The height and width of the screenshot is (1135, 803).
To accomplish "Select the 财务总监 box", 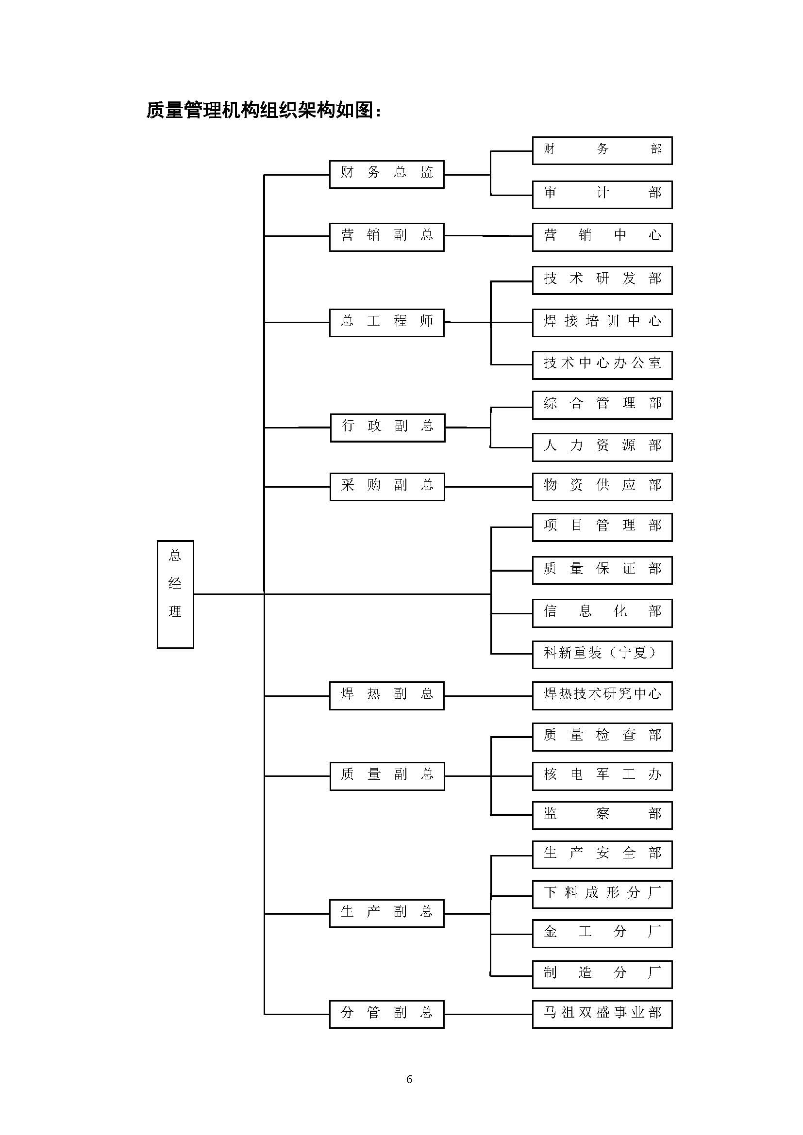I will click(386, 174).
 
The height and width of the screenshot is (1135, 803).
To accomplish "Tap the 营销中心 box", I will click(602, 237).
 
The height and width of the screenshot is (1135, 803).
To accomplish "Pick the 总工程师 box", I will click(386, 322).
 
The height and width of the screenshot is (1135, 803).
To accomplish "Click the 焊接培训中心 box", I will click(602, 322).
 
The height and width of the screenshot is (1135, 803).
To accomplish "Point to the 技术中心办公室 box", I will click(602, 365).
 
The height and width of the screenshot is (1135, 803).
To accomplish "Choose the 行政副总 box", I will click(387, 427).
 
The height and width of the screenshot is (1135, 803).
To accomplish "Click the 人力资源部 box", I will click(602, 447).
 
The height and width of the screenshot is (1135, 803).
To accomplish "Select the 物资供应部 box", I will click(602, 486).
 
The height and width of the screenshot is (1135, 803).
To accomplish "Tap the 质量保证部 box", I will click(602, 570).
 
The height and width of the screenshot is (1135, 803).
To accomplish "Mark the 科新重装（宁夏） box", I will click(602, 655).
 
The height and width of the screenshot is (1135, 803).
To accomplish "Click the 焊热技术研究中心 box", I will click(602, 695).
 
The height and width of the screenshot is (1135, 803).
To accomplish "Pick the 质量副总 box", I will click(387, 776).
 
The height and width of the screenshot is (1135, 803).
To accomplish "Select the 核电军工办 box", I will click(602, 776).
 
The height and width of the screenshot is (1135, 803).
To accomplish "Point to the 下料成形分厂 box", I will click(602, 894).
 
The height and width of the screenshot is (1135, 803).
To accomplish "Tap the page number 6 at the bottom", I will click(409, 1079).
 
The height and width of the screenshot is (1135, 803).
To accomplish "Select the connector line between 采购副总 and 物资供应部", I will click(488, 487).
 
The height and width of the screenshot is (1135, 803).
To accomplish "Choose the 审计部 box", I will click(602, 194).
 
